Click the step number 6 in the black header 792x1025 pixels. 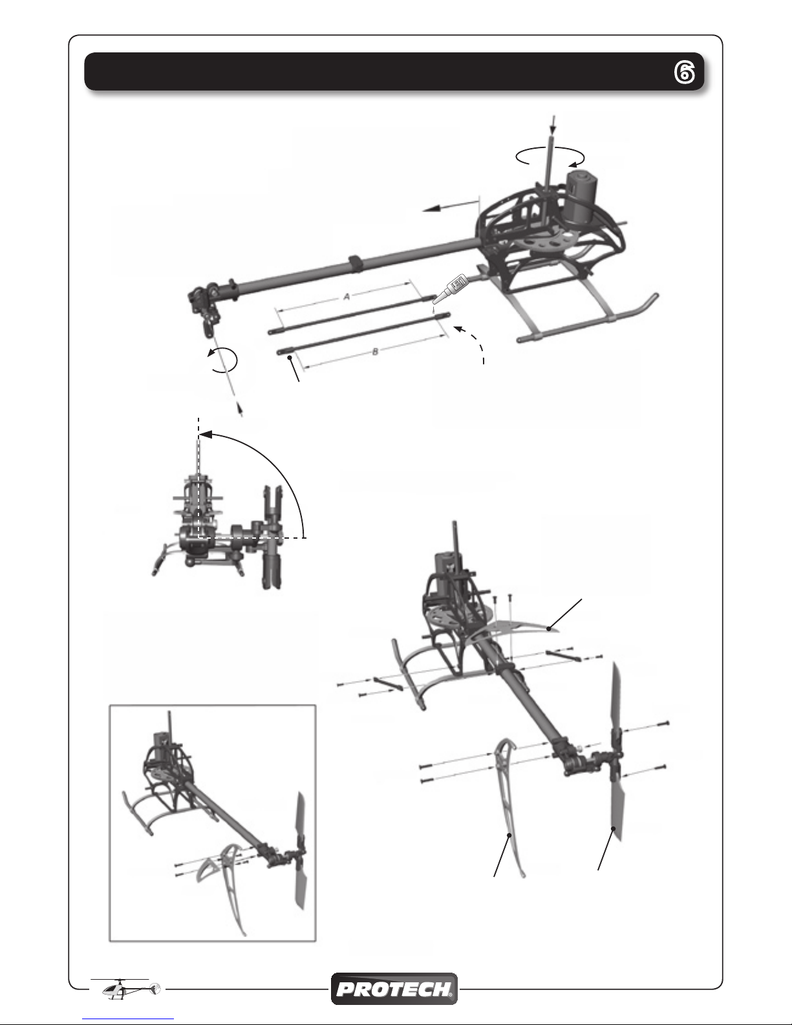coord(684,73)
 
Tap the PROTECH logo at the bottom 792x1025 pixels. coord(394,989)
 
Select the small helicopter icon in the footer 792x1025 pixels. coord(131,989)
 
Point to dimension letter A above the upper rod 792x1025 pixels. coord(347,297)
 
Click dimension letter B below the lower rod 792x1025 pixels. coord(375,352)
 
